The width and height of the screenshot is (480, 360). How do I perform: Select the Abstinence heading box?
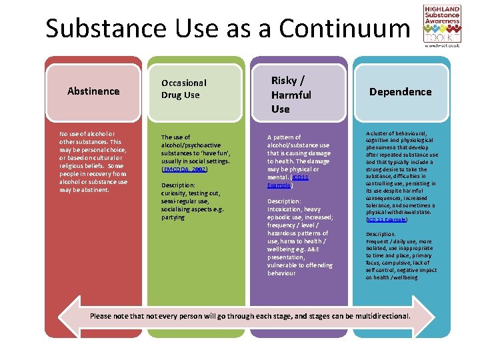[93, 91]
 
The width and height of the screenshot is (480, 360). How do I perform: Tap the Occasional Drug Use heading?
[184, 89]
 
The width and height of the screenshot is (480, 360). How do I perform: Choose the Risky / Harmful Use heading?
[291, 95]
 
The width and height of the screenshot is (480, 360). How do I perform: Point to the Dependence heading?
[400, 92]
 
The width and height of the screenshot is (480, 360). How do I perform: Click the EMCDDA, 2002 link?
[181, 169]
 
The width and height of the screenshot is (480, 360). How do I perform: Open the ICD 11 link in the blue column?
[387, 219]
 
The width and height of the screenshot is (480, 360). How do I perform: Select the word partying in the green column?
[173, 217]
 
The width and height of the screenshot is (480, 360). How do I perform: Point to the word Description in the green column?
[177, 185]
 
